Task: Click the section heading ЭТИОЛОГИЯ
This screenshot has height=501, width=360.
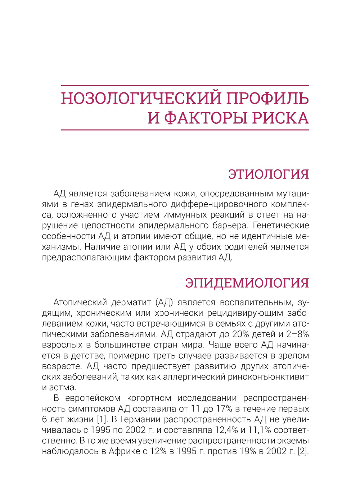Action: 269,174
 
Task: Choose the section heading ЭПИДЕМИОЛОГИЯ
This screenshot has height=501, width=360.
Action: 247,283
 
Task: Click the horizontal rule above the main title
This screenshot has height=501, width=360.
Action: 185,86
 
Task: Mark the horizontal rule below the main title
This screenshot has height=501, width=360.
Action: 185,129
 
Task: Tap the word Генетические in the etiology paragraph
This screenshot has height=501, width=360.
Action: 281,226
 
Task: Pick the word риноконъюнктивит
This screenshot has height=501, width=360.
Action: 268,377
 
